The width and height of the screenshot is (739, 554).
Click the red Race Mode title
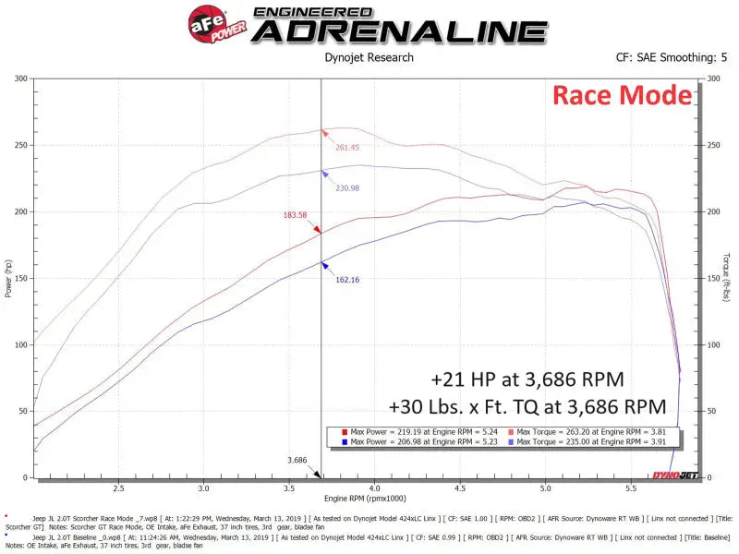pyautogui.click(x=622, y=95)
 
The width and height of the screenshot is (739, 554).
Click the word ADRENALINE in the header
pyautogui.click(x=400, y=31)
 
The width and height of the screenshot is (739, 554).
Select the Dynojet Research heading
pyautogui.click(x=369, y=57)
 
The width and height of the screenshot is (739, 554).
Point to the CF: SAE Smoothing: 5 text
pyautogui.click(x=672, y=57)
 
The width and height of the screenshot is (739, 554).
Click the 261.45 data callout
pyautogui.click(x=348, y=147)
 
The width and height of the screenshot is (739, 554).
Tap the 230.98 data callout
pyautogui.click(x=345, y=187)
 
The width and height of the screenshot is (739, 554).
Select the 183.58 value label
pyautogui.click(x=296, y=215)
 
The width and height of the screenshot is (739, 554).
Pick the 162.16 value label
pyautogui.click(x=348, y=279)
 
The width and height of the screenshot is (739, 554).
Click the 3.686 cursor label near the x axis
pyautogui.click(x=297, y=460)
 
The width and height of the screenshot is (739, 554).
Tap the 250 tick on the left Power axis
pyautogui.click(x=18, y=145)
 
